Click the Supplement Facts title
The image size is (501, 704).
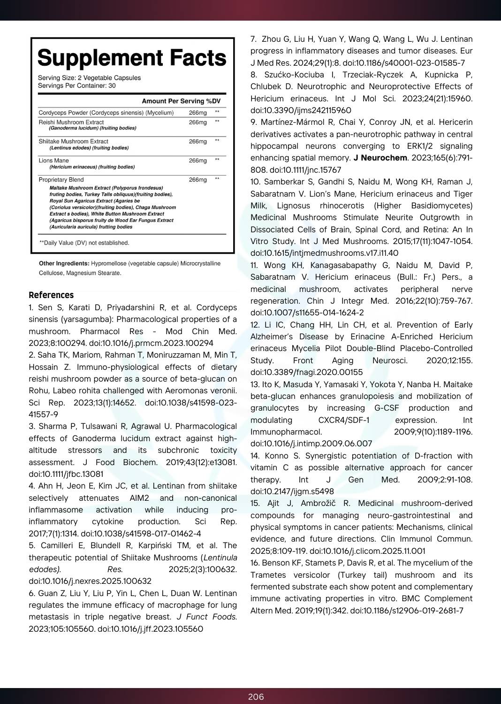tap(132, 58)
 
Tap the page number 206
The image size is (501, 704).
tap(256, 697)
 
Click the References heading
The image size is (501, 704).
tap(51, 295)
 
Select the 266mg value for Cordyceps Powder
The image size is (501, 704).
tap(197, 113)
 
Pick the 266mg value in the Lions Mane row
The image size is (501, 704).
tap(197, 161)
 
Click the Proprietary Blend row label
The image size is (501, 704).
tap(61, 180)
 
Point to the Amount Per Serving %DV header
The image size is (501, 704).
tap(181, 101)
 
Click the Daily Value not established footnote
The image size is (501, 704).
tap(84, 243)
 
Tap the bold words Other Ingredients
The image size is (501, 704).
tap(64, 264)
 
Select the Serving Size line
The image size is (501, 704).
tap(89, 78)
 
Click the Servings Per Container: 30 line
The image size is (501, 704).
tap(76, 86)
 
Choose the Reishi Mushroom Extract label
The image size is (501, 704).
tap(71, 122)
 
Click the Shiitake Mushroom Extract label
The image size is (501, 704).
tap(73, 141)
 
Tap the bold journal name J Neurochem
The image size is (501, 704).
tap(380, 158)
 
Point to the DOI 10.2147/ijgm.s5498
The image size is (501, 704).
tap(292, 491)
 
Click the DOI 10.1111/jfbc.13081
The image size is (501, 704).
tap(66, 474)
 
